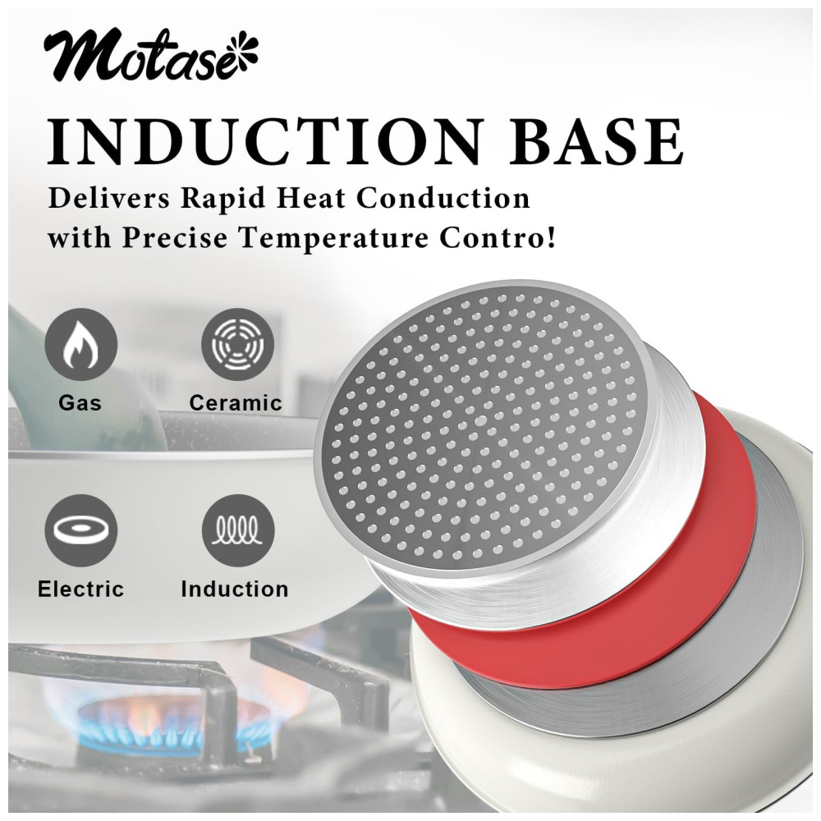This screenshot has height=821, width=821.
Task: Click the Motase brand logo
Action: pyautogui.click(x=151, y=57)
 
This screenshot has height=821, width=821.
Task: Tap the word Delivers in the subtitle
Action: pyautogui.click(x=109, y=199)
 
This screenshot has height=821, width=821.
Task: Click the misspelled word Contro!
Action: pyautogui.click(x=498, y=238)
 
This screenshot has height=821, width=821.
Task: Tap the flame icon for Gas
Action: pyautogui.click(x=80, y=344)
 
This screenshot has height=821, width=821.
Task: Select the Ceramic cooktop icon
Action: pyautogui.click(x=238, y=344)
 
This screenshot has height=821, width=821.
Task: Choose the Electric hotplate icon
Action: pyautogui.click(x=80, y=530)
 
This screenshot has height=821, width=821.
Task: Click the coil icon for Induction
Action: pyautogui.click(x=238, y=530)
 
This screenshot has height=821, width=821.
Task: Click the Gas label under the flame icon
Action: pyautogui.click(x=80, y=402)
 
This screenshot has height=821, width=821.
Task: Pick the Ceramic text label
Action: pyautogui.click(x=236, y=402)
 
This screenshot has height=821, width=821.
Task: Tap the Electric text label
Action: pyautogui.click(x=80, y=589)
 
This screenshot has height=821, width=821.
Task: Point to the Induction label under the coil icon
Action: pyautogui.click(x=235, y=589)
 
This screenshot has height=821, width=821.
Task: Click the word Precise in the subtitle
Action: pyautogui.click(x=175, y=238)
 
